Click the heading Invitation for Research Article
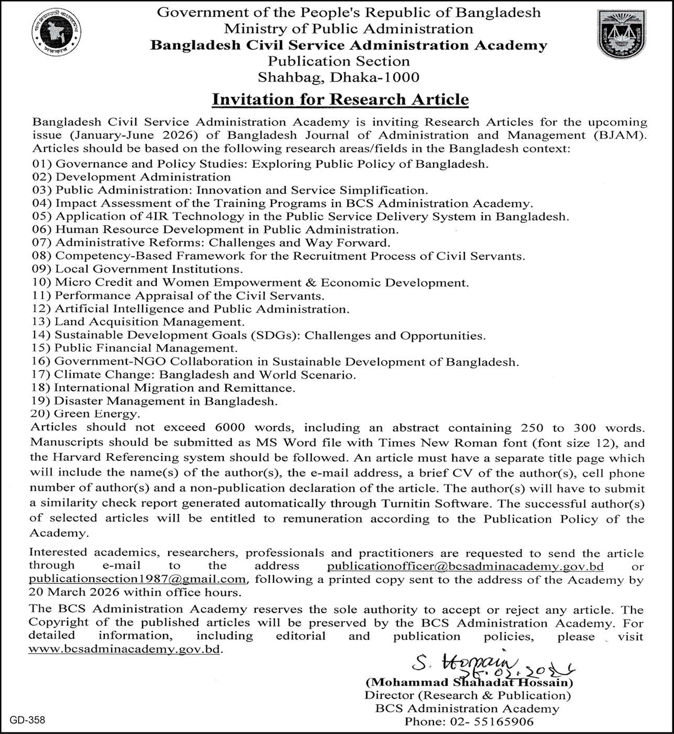click(x=340, y=99)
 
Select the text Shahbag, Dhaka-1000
click(x=339, y=77)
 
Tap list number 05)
click(x=42, y=217)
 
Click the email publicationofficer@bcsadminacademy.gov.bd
click(x=465, y=566)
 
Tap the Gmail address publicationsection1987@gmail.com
click(x=137, y=579)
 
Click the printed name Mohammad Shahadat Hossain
click(x=469, y=683)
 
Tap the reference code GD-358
click(x=19, y=719)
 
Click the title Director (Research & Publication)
click(x=468, y=696)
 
